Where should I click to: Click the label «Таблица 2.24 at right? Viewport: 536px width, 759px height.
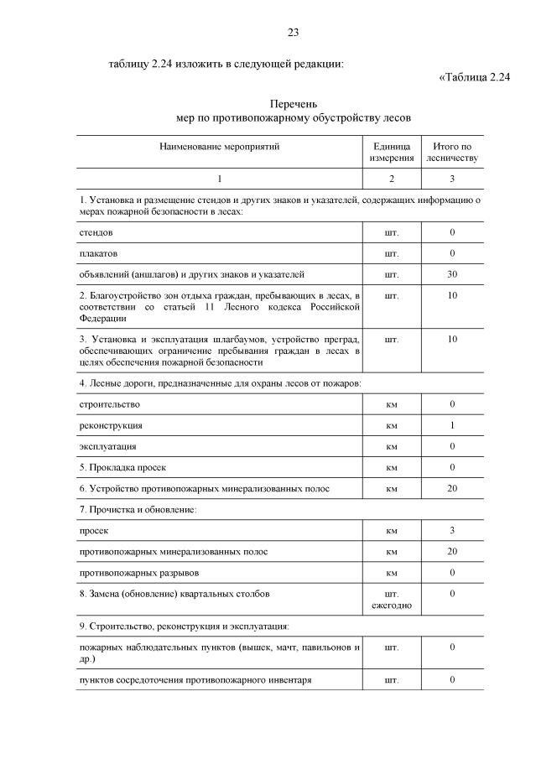point(475,78)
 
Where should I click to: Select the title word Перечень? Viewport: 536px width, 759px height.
point(293,104)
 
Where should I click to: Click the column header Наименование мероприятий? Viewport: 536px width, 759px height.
point(220,146)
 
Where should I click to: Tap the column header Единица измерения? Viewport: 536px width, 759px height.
point(392,152)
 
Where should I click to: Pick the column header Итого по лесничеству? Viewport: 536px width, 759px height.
point(452,152)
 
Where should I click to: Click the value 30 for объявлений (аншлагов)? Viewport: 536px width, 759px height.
point(452,274)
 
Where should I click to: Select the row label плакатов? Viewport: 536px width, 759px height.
point(99,253)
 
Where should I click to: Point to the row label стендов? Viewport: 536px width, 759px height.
point(96,231)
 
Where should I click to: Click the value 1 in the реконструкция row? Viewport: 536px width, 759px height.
point(452,425)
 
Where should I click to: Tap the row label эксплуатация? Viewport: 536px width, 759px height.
point(108,446)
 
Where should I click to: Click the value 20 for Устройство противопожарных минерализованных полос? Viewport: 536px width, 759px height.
point(452,488)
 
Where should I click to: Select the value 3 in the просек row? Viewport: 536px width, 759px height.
point(452,531)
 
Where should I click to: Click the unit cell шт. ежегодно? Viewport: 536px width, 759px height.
point(392,600)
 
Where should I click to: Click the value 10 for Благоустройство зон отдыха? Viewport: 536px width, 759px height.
point(452,296)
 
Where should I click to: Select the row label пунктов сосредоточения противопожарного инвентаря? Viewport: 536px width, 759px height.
point(195,679)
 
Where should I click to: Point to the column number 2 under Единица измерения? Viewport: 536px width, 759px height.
point(392,179)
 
